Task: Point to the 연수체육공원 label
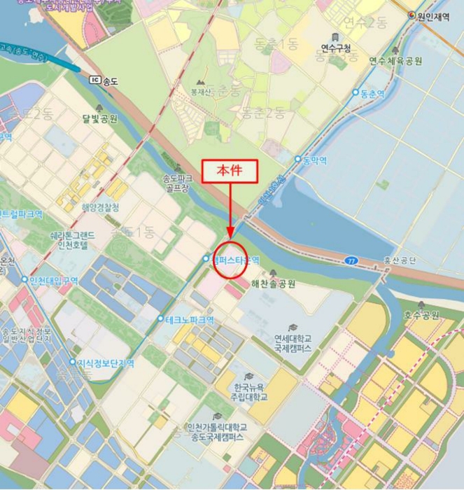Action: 395,61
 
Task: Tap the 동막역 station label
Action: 314,160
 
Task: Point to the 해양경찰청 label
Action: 100,207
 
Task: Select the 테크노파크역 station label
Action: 189,320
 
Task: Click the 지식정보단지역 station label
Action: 105,363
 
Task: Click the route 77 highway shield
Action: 351,260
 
